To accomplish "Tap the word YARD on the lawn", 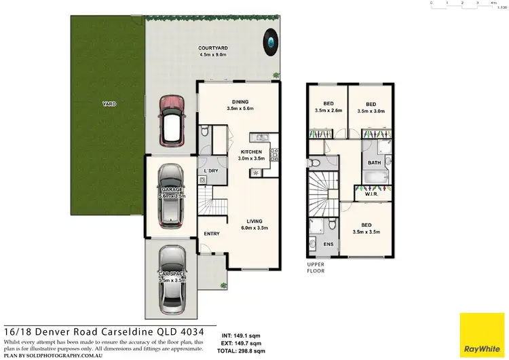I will [x=109, y=104].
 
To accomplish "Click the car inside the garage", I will [x=172, y=197].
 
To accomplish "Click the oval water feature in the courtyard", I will [x=271, y=43].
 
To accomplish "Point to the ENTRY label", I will [x=212, y=234].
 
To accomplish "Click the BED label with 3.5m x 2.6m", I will [x=328, y=105].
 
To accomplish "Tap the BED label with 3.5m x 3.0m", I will [x=371, y=105].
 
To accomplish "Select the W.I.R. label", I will [x=373, y=194].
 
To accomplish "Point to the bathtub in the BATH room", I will [x=375, y=179].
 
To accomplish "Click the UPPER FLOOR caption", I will [x=316, y=267].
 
